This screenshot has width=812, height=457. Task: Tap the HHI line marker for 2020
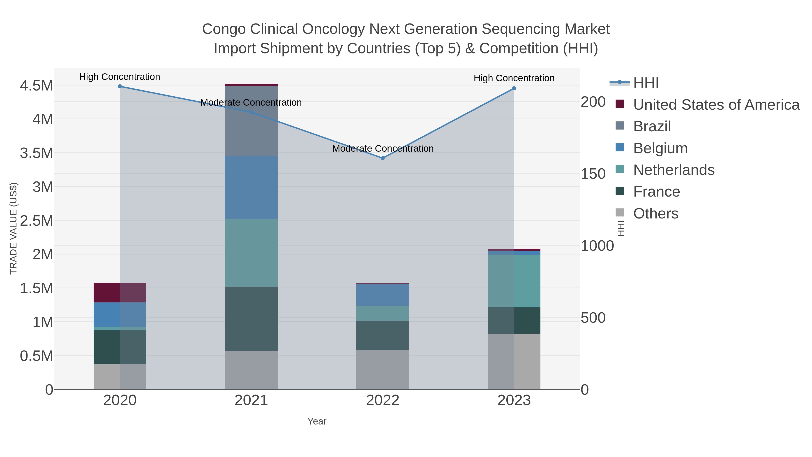(120, 86)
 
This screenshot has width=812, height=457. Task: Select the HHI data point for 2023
(514, 88)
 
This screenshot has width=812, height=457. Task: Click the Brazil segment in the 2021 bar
(251, 121)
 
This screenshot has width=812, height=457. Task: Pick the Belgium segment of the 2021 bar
(251, 187)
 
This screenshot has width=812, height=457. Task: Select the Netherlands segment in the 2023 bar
(514, 281)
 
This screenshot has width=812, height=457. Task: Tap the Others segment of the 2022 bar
(383, 370)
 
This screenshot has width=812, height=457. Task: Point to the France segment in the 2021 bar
(251, 318)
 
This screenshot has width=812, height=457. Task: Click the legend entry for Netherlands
(674, 170)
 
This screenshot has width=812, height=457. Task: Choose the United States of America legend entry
(716, 105)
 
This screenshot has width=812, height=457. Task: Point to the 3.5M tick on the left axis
(37, 153)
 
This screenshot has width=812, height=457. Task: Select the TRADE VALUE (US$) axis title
(14, 228)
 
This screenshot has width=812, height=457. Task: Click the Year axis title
(317, 421)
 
